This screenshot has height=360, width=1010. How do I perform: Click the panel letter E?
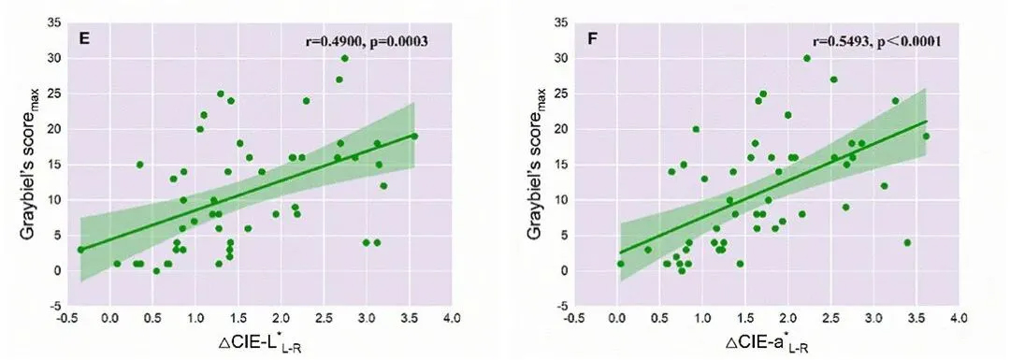click(x=82, y=39)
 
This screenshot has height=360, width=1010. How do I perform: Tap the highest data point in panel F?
click(x=807, y=58)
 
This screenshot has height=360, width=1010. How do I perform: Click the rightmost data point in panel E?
click(x=414, y=137)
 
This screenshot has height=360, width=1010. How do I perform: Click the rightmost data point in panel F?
click(x=926, y=137)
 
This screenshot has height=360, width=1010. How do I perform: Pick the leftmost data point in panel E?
click(x=80, y=250)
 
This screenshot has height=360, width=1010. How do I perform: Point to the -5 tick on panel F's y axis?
click(x=568, y=306)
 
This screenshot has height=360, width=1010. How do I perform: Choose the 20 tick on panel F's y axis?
click(x=566, y=129)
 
